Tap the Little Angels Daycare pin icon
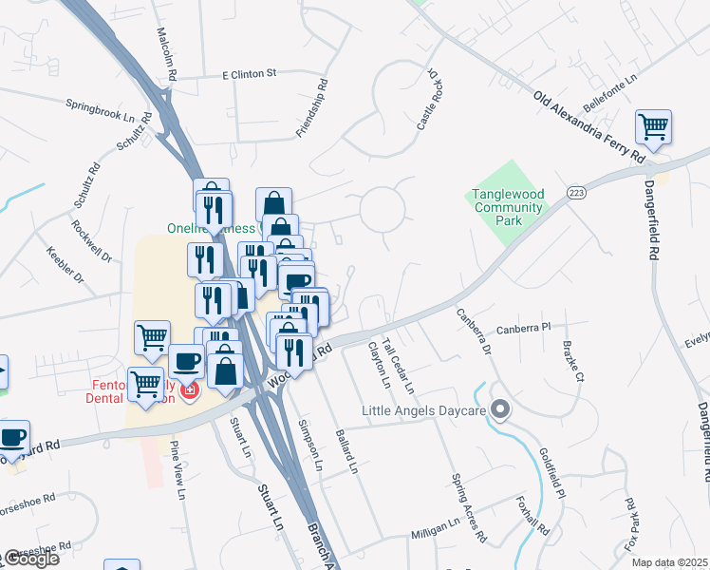[x=501, y=410]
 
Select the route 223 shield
[x=576, y=191]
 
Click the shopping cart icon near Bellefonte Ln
[x=653, y=125]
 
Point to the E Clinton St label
[x=249, y=73]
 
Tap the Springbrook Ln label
[x=101, y=108]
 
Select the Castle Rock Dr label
[x=426, y=99]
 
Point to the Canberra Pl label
[x=523, y=327]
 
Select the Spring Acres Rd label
[x=468, y=507]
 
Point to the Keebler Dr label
[x=65, y=266]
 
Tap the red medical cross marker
[x=189, y=391]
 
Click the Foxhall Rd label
[x=532, y=518]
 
